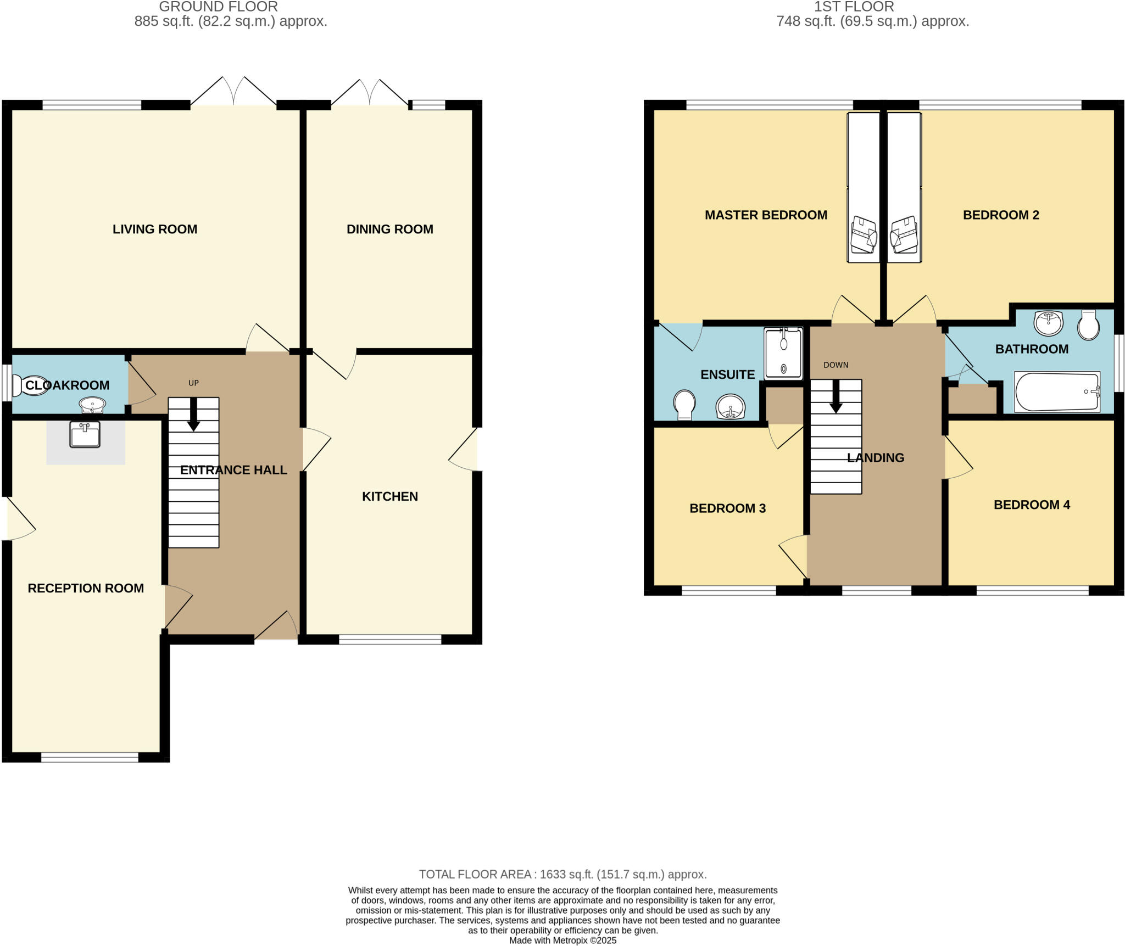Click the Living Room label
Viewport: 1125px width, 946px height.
[154, 229]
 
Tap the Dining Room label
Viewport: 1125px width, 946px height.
[389, 229]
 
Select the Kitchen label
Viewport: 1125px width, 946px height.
[389, 496]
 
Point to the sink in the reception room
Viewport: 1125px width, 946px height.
[85, 434]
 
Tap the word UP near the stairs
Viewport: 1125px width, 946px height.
[193, 383]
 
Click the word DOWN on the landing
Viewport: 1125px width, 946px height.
[836, 365]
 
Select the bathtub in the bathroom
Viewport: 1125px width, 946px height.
[1056, 391]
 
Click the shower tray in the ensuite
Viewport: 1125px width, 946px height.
[783, 353]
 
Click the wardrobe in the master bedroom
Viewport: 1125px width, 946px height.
[863, 187]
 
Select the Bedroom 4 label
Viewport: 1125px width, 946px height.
[1032, 505]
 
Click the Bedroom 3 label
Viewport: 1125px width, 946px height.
[727, 508]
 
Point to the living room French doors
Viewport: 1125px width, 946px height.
[233, 92]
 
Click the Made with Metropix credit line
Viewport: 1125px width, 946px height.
[562, 940]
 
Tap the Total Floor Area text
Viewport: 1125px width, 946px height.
[562, 874]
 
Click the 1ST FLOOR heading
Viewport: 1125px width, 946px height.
[854, 7]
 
